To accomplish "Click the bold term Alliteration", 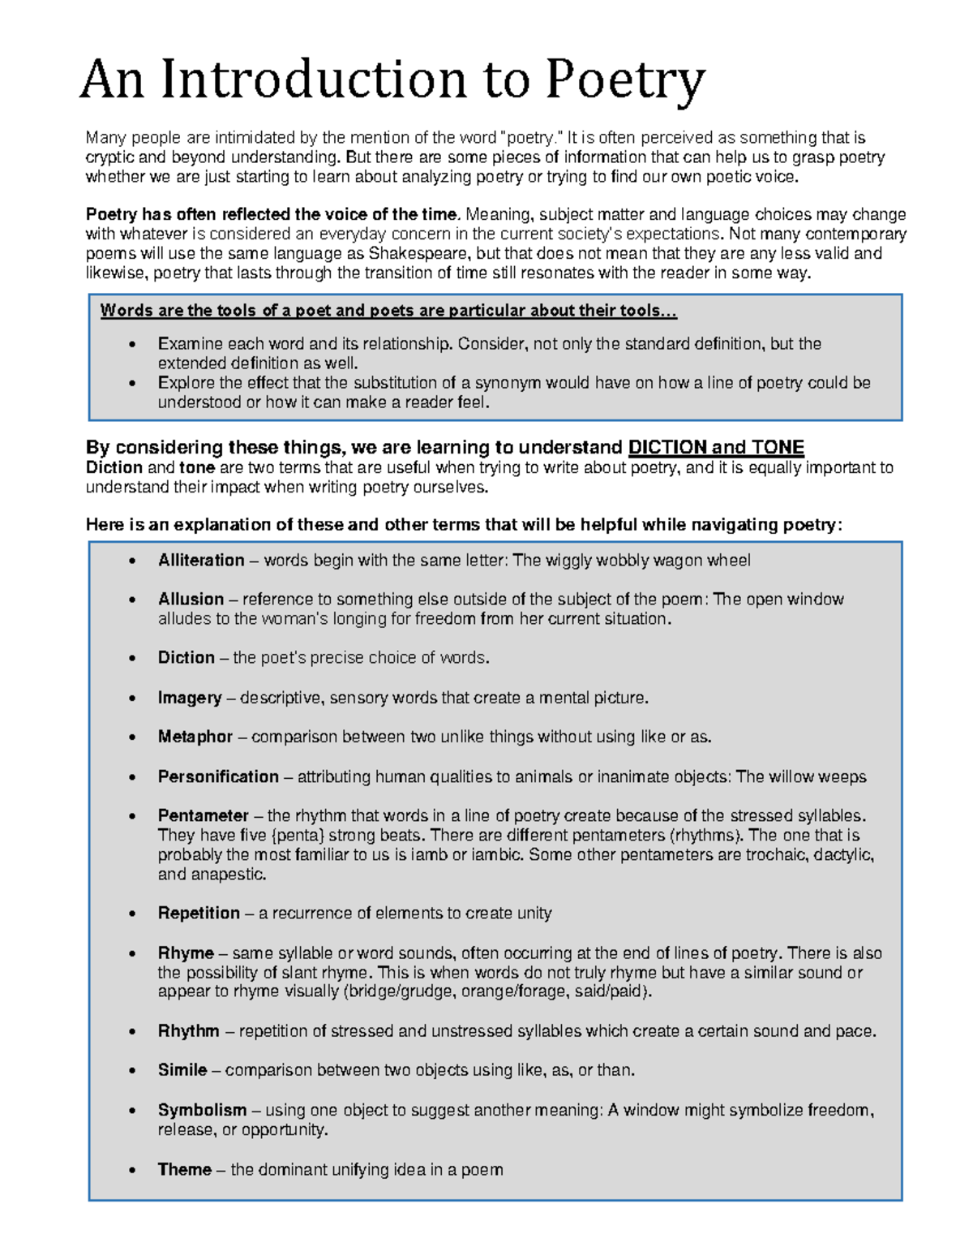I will pos(201,561).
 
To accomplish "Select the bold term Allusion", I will pos(191,600).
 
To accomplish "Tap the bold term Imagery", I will pos(190,698).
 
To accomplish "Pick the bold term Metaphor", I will pos(195,738).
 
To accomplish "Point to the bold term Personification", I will pos(218,777).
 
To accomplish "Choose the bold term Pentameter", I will pos(203,816).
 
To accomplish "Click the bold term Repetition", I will pos(199,914).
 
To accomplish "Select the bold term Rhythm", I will pos(188,1031).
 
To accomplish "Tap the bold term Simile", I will pos(182,1071).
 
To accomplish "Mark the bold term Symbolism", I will pos(202,1110).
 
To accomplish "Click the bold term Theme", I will pos(185,1170).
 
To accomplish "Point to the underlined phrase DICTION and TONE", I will pos(716,448).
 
